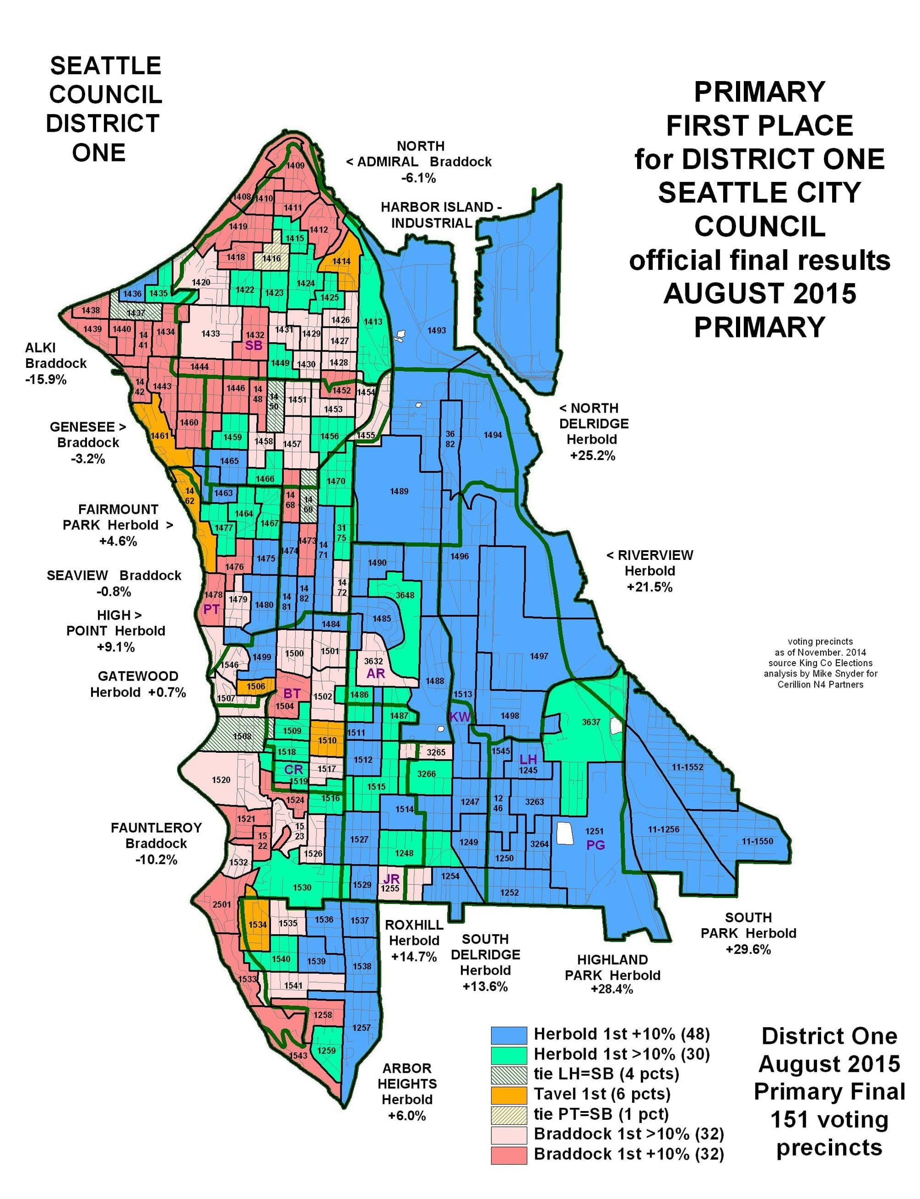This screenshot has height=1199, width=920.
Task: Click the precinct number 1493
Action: pos(437,331)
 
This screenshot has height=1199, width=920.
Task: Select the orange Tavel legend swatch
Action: pos(509,1094)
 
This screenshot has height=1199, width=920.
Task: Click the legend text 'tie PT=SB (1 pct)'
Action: pos(601,1114)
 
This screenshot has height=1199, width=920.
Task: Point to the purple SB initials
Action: pos(253,346)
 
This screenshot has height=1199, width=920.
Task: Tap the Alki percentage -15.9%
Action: pos(46,379)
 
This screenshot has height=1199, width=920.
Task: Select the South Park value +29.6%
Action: pos(748,949)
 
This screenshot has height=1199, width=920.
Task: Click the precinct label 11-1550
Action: pos(757,841)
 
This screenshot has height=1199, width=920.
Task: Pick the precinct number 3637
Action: pos(591,722)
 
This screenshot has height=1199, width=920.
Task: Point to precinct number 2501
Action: pos(222,904)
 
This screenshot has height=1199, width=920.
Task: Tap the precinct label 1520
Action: pos(221,780)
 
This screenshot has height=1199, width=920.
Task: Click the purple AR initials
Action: pos(376,674)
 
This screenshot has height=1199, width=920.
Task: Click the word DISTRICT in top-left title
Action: pos(103,124)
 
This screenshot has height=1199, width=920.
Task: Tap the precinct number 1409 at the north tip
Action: pos(296,165)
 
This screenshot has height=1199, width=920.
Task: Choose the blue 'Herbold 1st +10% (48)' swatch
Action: pos(509,1035)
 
